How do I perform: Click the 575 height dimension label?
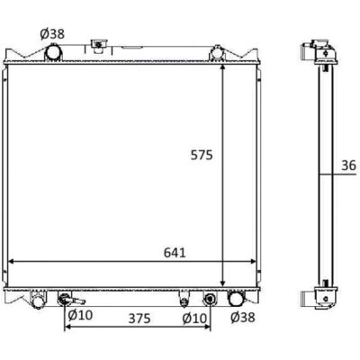click(x=202, y=155)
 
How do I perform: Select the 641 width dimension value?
click(x=175, y=253)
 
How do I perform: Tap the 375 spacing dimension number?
click(x=139, y=319)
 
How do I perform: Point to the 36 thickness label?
click(x=348, y=166)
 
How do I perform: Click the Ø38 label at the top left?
click(x=52, y=34)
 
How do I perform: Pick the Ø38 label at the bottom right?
click(x=243, y=317)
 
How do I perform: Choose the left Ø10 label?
click(x=80, y=315)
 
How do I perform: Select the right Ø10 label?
click(x=194, y=319)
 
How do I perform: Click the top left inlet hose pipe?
click(x=53, y=52)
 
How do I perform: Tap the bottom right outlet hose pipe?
click(x=236, y=298)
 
